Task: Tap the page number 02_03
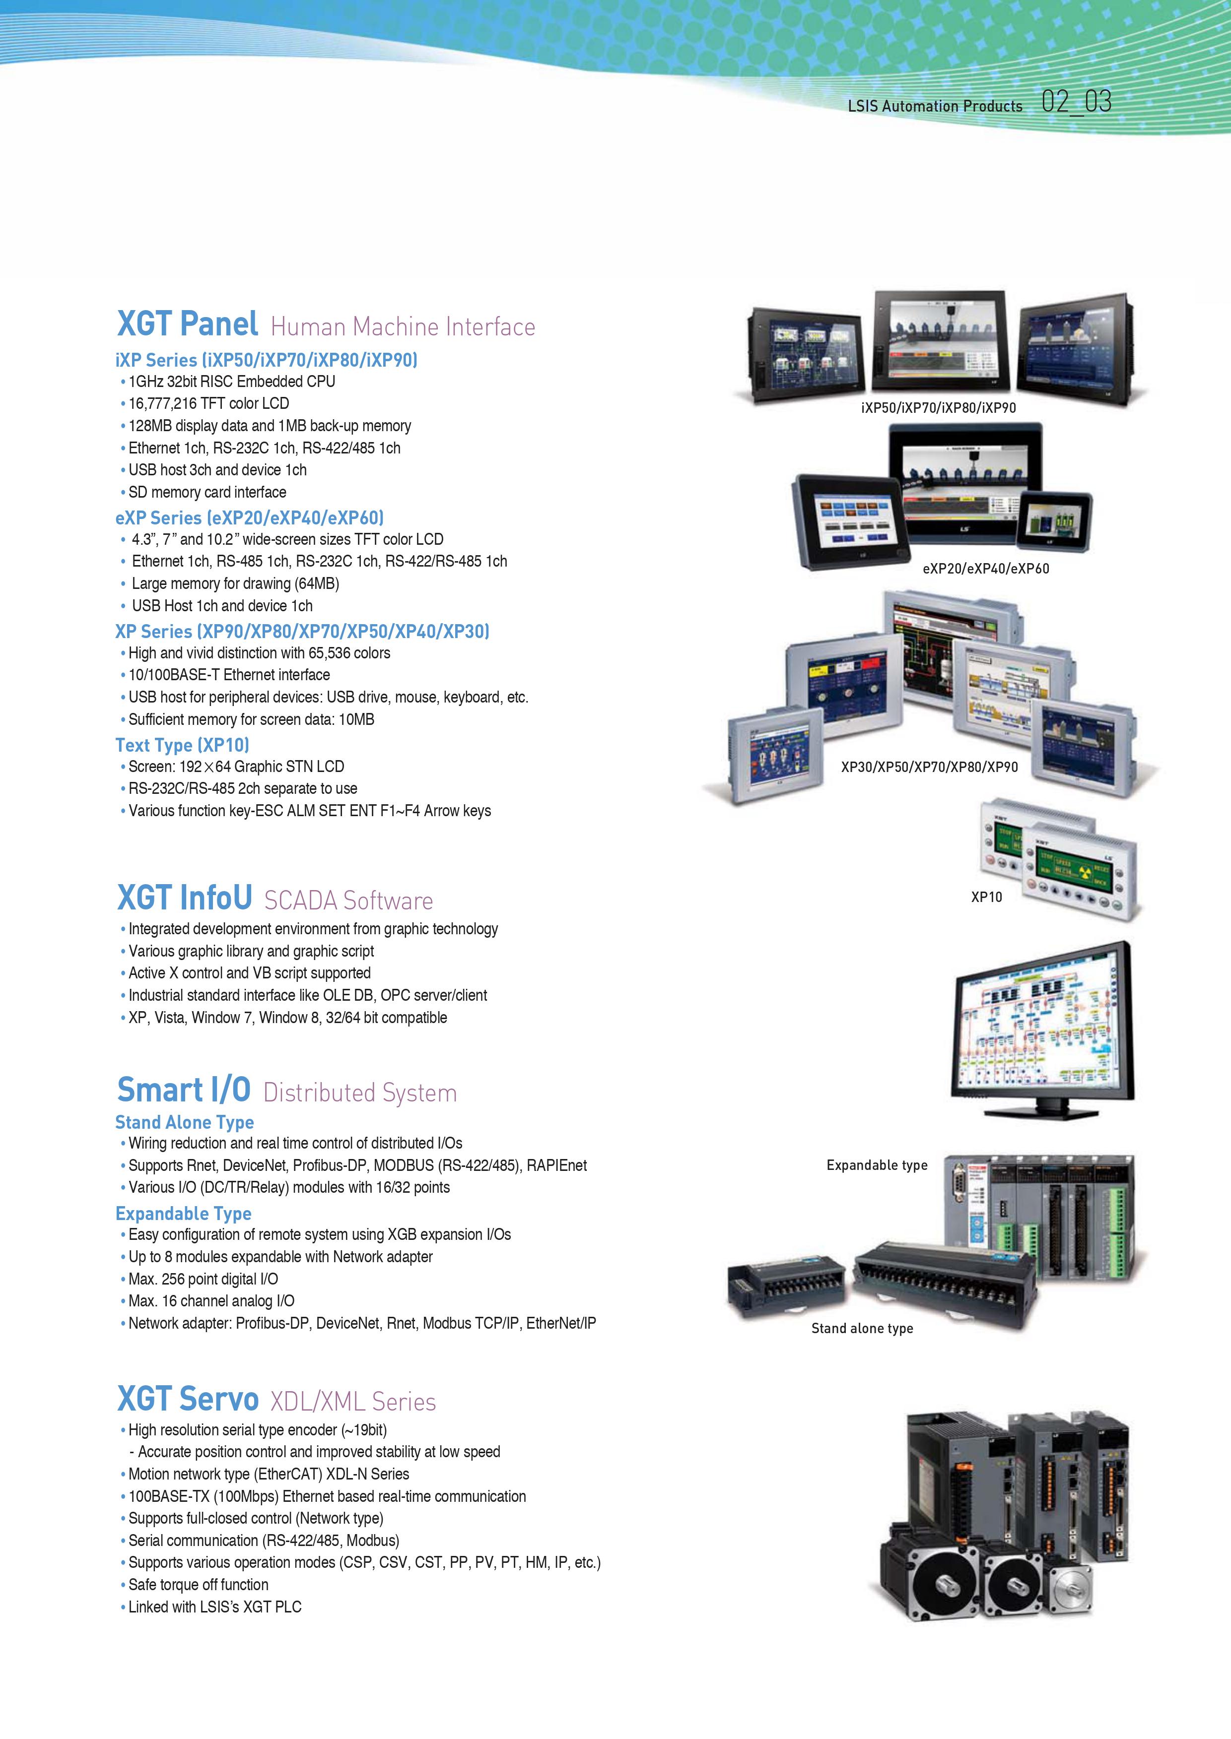coord(1076,102)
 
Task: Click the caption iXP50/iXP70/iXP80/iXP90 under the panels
coord(939,408)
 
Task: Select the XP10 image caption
coord(986,897)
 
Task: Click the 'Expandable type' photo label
coord(877,1165)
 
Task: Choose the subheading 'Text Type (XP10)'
coord(182,745)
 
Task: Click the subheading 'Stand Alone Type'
coord(184,1122)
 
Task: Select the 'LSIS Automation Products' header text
coord(935,106)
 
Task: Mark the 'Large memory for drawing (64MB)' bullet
coord(230,583)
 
